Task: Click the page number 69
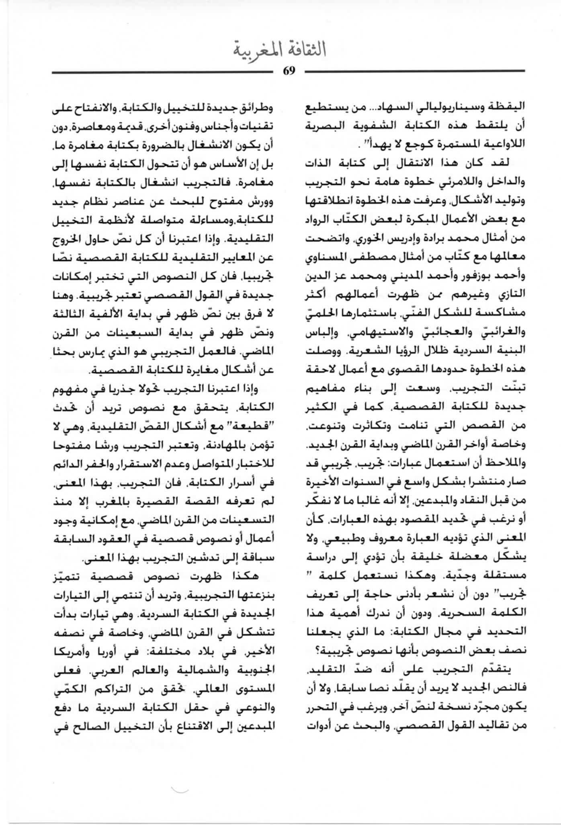[x=289, y=71]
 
